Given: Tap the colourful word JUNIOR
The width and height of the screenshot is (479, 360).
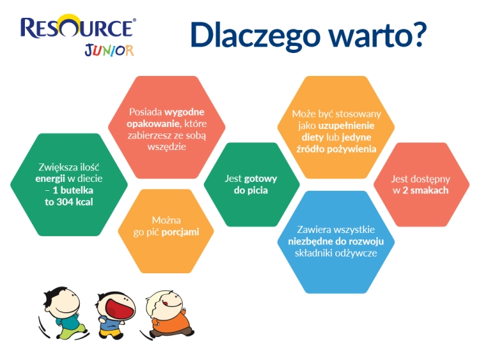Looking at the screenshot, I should (109, 50).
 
